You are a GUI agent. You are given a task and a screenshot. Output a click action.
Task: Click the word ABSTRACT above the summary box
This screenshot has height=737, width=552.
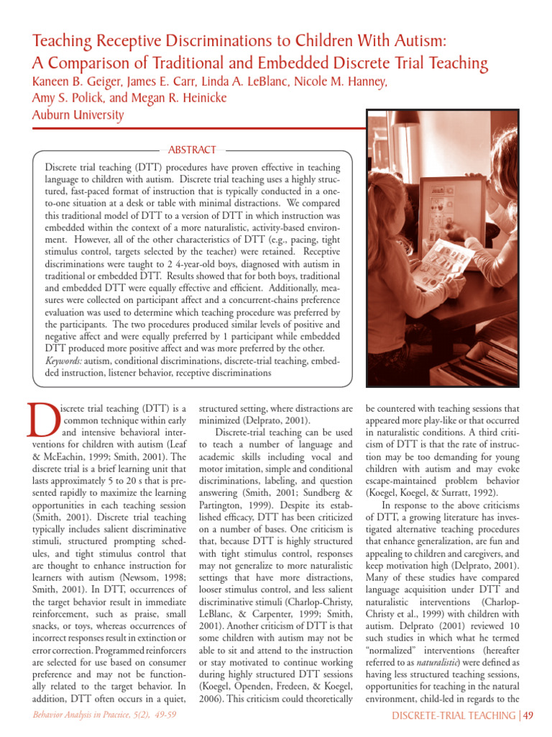[191, 150]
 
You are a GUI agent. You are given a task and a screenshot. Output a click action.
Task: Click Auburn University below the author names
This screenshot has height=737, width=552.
[78, 115]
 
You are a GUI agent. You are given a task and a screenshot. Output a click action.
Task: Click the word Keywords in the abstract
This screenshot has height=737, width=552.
[64, 361]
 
